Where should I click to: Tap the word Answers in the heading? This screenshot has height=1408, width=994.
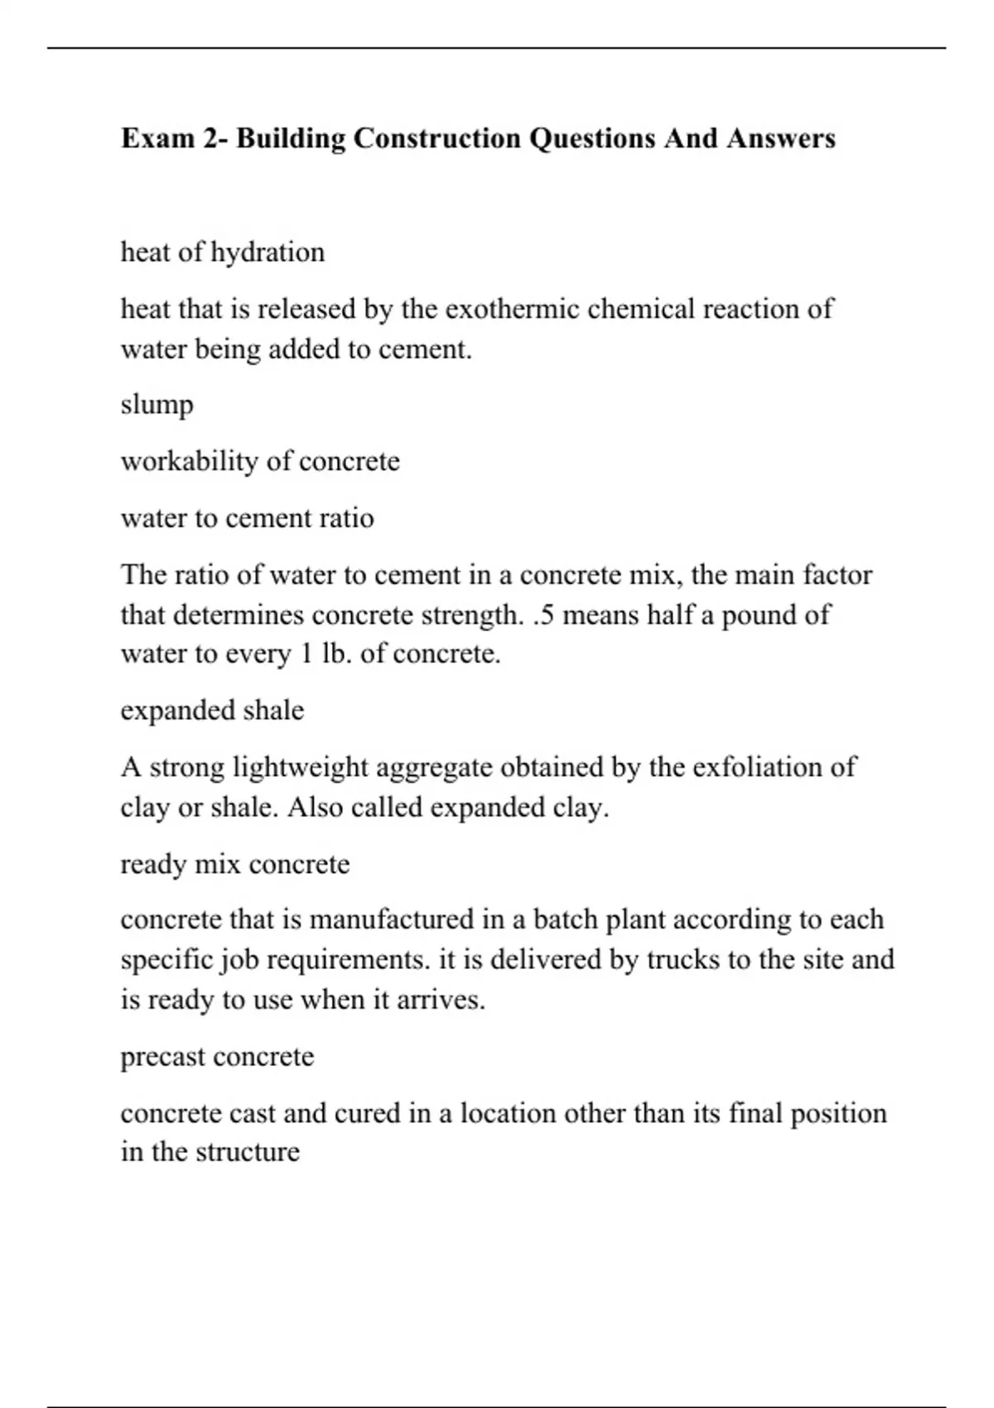(781, 137)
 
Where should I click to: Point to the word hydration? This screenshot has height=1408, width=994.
(268, 252)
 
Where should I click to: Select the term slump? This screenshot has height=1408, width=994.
(157, 405)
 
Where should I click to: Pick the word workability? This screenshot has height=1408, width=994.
(190, 461)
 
